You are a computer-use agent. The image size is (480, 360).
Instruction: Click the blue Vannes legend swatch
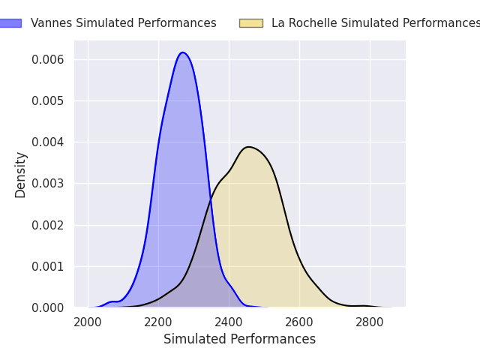(10, 23)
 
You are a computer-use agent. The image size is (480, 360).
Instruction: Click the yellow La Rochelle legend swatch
(251, 23)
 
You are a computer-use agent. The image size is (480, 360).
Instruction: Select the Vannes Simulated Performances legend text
(124, 23)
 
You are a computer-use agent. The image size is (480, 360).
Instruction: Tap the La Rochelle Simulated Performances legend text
(376, 23)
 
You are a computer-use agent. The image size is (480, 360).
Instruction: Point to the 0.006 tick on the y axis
(48, 59)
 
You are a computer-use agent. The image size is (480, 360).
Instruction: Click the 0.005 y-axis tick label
(48, 100)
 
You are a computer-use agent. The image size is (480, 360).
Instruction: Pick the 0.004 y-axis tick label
(48, 142)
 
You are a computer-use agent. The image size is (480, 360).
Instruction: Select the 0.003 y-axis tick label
(48, 183)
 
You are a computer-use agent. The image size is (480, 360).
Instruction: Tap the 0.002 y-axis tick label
(48, 225)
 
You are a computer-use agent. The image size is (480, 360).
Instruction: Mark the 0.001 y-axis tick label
(48, 267)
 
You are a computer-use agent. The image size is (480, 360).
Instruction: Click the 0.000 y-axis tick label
(48, 308)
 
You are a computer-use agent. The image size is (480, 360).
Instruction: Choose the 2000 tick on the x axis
(88, 322)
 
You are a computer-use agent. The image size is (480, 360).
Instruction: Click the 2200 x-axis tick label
(158, 322)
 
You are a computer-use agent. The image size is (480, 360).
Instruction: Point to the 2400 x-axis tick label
(229, 322)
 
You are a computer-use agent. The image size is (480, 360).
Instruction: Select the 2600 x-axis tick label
(299, 322)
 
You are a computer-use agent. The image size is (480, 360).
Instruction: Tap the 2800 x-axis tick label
(370, 322)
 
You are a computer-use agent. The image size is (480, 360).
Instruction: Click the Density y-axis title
(20, 175)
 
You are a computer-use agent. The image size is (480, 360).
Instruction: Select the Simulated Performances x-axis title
(240, 339)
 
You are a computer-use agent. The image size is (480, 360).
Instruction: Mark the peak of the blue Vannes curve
(183, 52)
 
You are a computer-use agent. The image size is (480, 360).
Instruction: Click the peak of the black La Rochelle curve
(249, 147)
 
